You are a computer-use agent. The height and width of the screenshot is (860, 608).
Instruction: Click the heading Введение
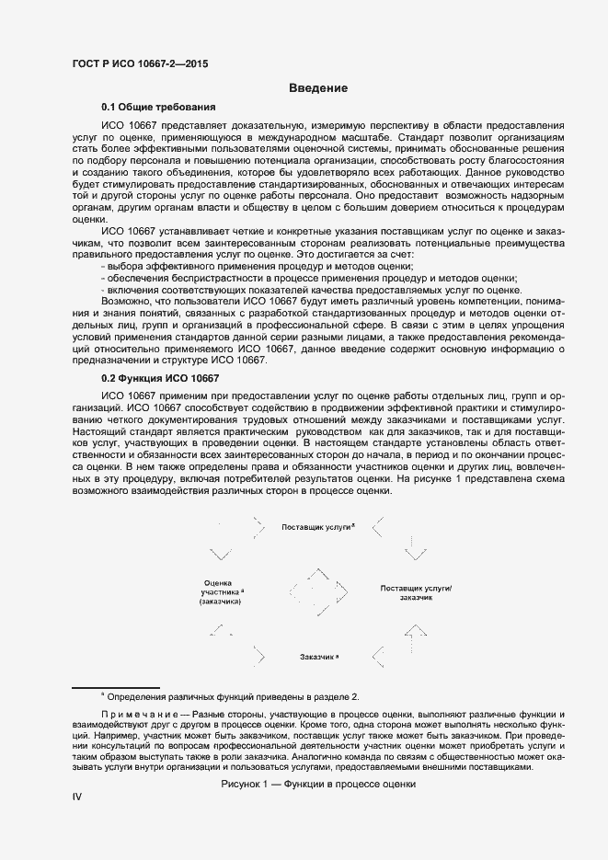[x=317, y=88]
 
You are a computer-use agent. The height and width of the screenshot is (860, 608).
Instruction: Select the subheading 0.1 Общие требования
[x=158, y=108]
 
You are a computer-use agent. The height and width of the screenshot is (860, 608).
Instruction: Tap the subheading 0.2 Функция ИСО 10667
[x=160, y=378]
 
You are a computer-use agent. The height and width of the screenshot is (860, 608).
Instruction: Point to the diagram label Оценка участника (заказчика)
[x=220, y=592]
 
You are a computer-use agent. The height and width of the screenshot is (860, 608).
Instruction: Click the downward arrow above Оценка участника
[x=221, y=554]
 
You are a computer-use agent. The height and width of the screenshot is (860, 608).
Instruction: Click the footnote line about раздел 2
[x=230, y=696]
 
